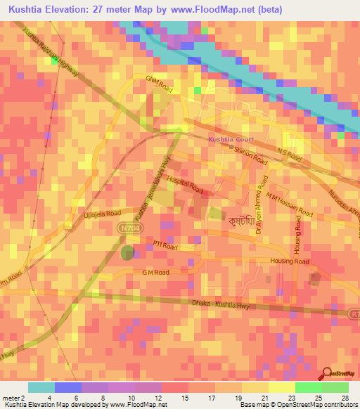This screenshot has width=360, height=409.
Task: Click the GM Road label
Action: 155,272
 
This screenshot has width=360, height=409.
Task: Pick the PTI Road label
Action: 166,247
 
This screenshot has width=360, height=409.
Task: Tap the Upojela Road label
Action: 103,213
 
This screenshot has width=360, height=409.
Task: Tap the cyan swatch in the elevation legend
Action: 41,387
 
